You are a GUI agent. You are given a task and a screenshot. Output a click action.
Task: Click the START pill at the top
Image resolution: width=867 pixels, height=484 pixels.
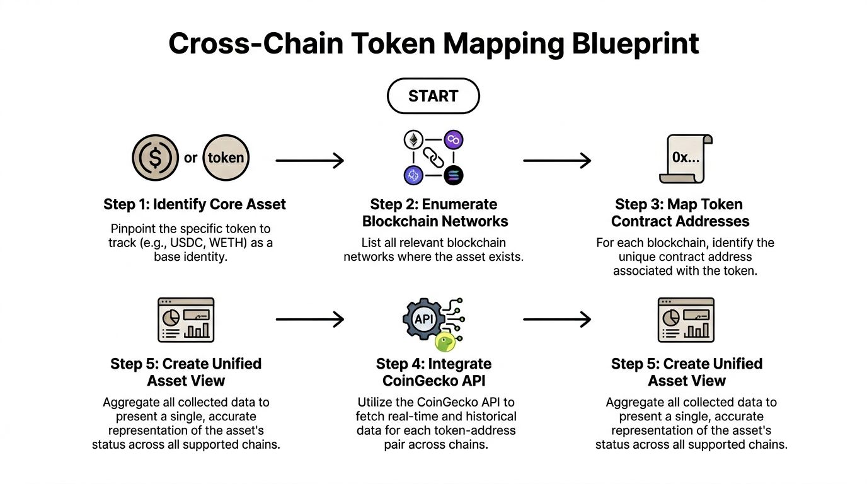pyautogui.click(x=433, y=96)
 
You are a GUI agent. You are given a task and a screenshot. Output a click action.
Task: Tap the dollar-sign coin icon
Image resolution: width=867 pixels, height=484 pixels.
pyautogui.click(x=155, y=158)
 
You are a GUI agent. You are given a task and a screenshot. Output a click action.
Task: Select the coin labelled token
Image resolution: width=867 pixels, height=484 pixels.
pyautogui.click(x=226, y=158)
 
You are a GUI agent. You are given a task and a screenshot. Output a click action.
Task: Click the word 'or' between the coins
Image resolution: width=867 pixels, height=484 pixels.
pyautogui.click(x=191, y=158)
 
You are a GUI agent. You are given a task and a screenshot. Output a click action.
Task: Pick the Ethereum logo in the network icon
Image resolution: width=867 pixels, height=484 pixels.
pyautogui.click(x=414, y=139)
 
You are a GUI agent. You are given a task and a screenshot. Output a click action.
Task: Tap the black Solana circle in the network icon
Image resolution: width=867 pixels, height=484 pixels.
pyautogui.click(x=452, y=176)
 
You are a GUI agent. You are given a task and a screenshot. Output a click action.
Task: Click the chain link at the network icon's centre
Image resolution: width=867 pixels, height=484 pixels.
pyautogui.click(x=433, y=158)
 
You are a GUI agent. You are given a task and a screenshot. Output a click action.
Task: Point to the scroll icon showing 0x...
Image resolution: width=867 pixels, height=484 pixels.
pyautogui.click(x=686, y=158)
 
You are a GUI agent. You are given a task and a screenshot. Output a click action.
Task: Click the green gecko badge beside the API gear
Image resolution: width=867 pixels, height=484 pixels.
pyautogui.click(x=444, y=342)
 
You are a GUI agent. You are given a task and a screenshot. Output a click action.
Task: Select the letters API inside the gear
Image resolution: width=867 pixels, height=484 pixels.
pyautogui.click(x=423, y=319)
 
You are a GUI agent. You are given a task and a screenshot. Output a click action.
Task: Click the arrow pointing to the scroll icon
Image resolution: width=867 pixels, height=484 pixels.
pyautogui.click(x=557, y=161)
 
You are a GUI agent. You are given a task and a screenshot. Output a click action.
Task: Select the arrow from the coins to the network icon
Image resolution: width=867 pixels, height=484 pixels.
pyautogui.click(x=310, y=161)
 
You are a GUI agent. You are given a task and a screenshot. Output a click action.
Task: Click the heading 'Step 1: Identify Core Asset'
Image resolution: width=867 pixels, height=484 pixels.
pyautogui.click(x=195, y=204)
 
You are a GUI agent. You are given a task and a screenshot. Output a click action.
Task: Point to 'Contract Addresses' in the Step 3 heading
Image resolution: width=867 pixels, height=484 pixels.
pyautogui.click(x=680, y=221)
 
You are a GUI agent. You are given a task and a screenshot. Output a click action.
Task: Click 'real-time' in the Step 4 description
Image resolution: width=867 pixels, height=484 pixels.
pyautogui.click(x=409, y=417)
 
